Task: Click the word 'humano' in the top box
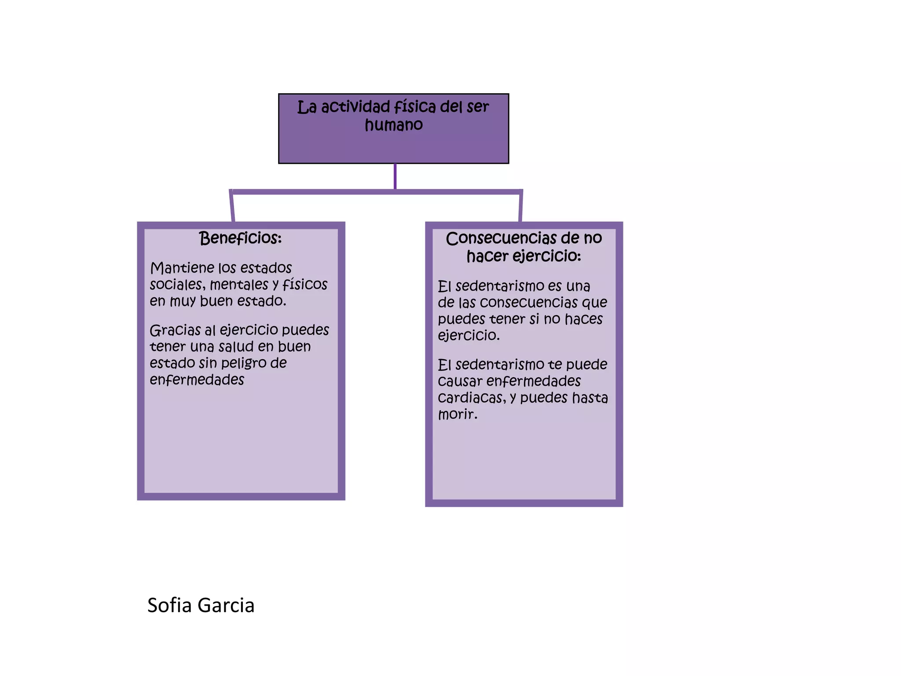coord(394,125)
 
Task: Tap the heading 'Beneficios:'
coord(240,238)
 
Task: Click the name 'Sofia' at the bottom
coord(169,605)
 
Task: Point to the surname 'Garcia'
coord(226,606)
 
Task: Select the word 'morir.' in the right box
coord(458,414)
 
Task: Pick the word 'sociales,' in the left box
coord(177,285)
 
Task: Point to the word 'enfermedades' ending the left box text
coord(197,380)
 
